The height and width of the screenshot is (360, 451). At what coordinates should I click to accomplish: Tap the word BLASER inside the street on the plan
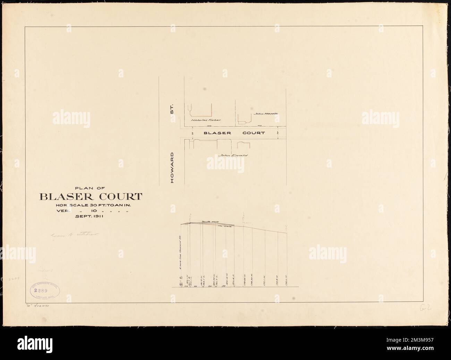pyautogui.click(x=215, y=133)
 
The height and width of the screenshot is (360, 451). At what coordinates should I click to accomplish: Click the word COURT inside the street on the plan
pyautogui.click(x=254, y=133)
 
